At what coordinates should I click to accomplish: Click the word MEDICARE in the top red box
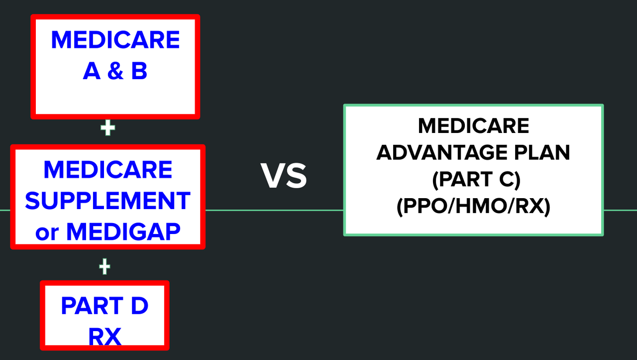115,40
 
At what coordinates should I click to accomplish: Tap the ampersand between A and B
115,71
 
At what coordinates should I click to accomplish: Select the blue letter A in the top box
92,71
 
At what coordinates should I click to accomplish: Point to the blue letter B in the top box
139,71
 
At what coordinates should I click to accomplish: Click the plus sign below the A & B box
108,127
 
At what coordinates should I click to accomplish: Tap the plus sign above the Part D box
105,267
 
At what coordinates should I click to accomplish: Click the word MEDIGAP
123,232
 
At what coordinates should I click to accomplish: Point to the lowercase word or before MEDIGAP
47,234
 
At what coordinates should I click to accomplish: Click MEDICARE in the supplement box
108,170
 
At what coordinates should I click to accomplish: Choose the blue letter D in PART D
140,306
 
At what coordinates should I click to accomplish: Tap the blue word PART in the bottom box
92,306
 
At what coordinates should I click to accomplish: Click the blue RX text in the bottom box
105,337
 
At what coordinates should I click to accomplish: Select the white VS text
284,176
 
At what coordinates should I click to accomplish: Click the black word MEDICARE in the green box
473,126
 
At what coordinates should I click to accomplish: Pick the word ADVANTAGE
442,153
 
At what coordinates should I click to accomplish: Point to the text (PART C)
476,180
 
